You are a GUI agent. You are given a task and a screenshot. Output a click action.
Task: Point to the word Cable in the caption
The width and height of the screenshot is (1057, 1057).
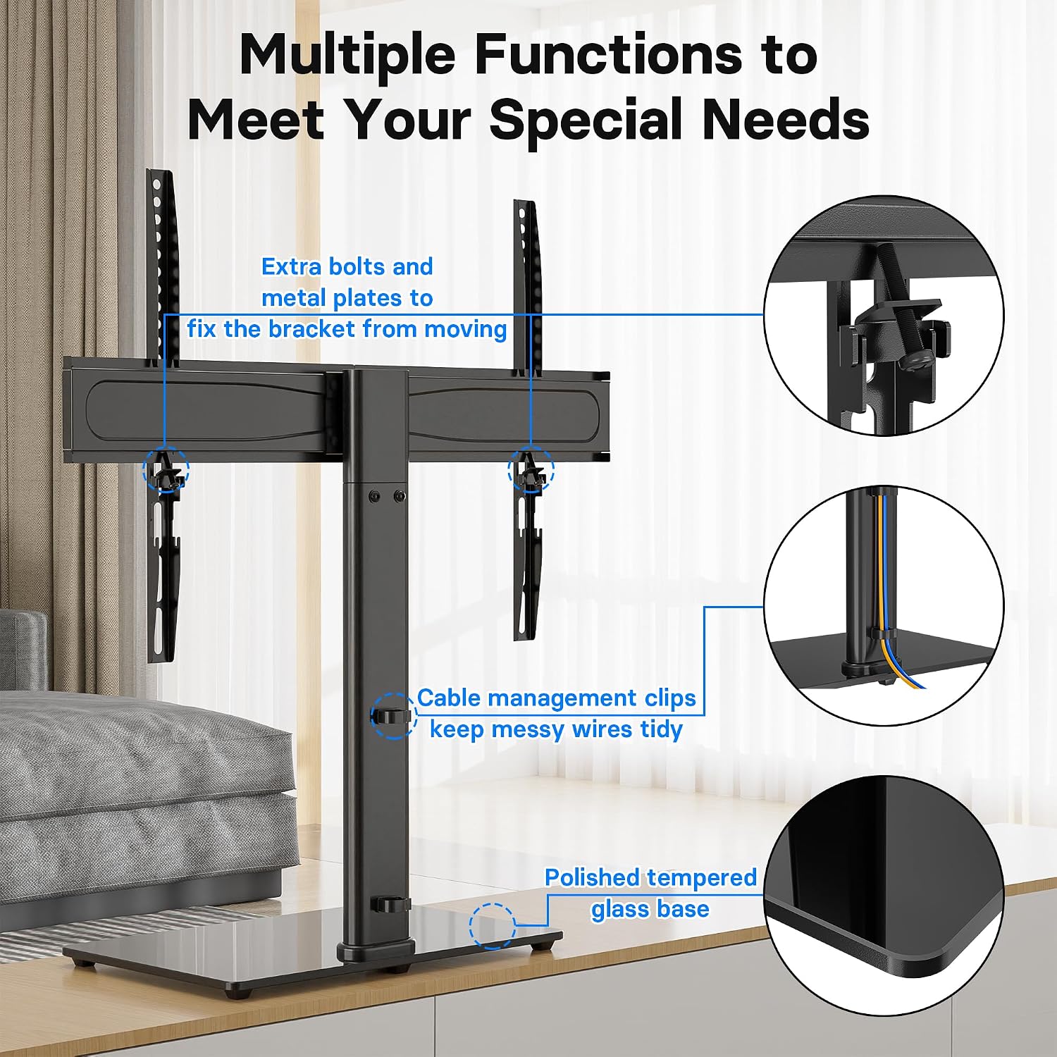pos(449,698)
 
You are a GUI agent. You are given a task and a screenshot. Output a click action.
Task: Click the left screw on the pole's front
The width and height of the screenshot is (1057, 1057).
pos(374,497)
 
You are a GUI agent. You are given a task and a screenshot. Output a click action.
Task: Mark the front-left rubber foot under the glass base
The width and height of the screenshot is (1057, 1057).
pos(238,992)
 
